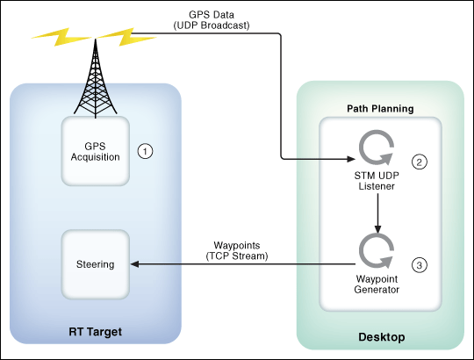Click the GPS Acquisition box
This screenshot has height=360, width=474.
point(96,151)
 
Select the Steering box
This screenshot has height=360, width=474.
point(96,264)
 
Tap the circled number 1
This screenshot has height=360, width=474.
point(145,151)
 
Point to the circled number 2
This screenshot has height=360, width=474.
point(420,162)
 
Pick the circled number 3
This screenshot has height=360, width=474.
point(420,265)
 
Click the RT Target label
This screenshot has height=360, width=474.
point(95,332)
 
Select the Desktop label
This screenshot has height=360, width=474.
point(382,337)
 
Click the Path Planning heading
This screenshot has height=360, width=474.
point(380,109)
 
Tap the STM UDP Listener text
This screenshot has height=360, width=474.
point(377,181)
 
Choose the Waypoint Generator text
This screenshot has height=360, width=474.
point(377,284)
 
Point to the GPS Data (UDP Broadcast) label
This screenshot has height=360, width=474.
point(212,20)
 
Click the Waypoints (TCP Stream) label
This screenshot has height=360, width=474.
point(237,250)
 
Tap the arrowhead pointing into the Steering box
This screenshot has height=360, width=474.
point(134,264)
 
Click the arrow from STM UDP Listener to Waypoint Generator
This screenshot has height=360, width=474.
point(377,213)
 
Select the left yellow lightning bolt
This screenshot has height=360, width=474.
point(62,37)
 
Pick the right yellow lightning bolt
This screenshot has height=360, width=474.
point(127,37)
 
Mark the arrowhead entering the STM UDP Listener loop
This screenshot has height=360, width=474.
point(351,159)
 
